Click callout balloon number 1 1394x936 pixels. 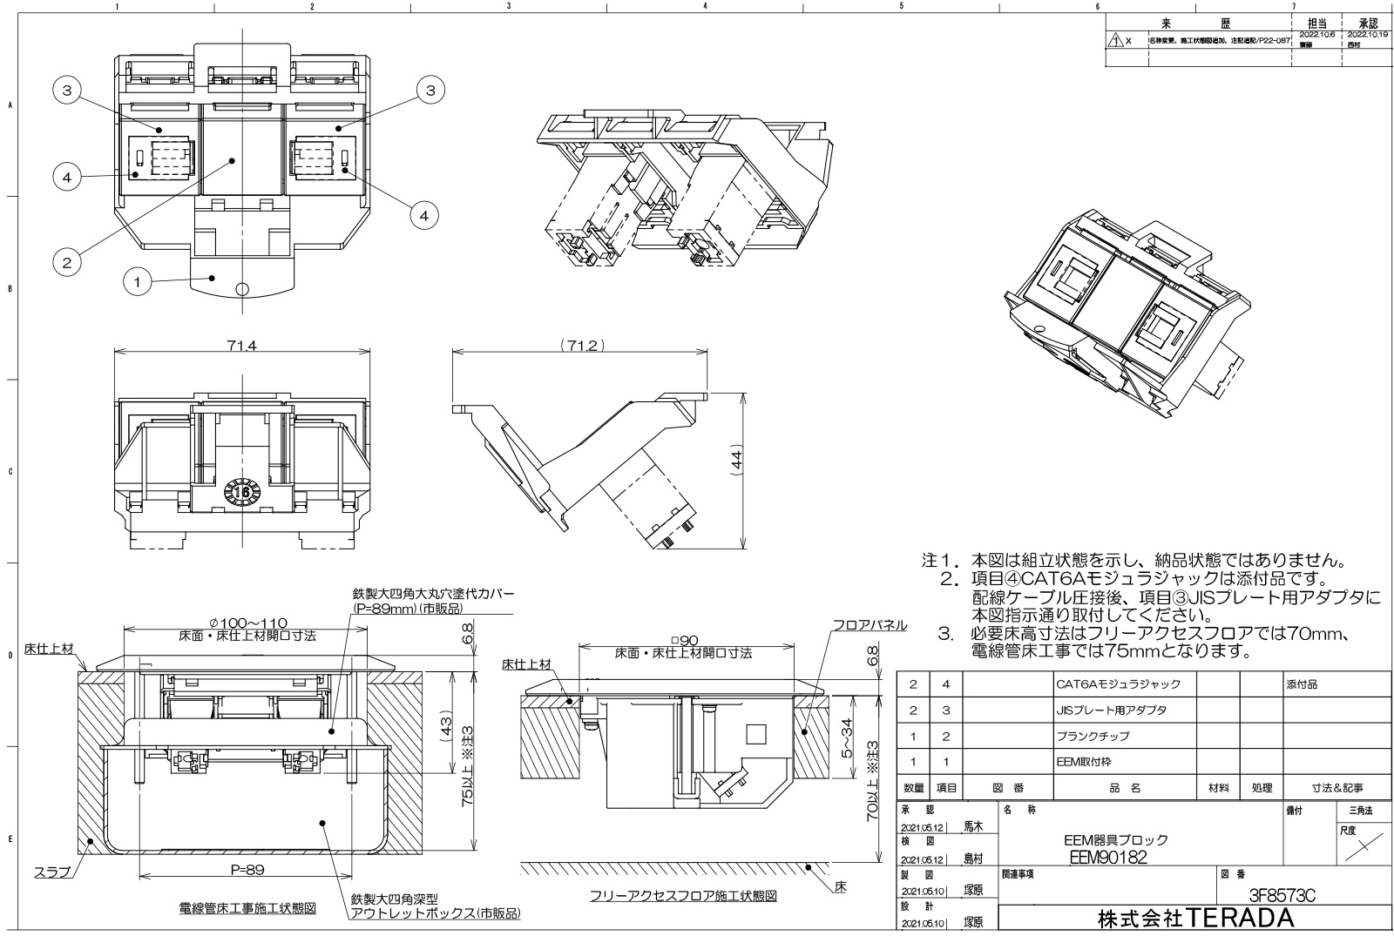(x=136, y=281)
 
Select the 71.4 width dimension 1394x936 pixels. (x=241, y=346)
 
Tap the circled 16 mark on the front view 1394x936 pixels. (x=241, y=493)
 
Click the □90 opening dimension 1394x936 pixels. (x=682, y=641)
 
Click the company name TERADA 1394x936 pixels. (x=1195, y=918)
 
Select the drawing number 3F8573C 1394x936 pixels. (x=1281, y=895)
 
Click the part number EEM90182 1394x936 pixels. (x=1107, y=857)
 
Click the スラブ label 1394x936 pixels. (x=52, y=872)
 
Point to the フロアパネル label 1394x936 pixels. (x=869, y=625)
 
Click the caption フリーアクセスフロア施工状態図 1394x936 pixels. (x=682, y=895)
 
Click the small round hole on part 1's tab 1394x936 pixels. (x=243, y=287)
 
